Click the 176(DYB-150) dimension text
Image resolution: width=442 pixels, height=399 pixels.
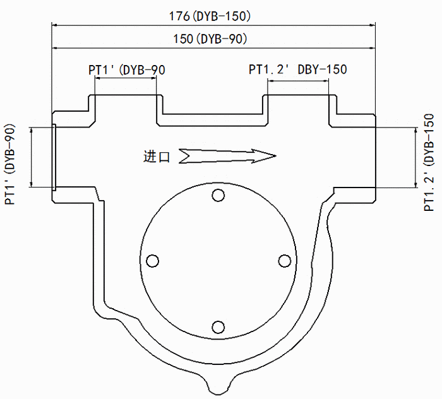point(214,15)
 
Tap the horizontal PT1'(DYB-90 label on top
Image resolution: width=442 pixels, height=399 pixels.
point(127,69)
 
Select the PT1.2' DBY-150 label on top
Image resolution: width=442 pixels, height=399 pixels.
point(298,69)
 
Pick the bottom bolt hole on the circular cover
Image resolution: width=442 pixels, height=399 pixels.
point(218,327)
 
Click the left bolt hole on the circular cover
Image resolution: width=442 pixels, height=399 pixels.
point(152,261)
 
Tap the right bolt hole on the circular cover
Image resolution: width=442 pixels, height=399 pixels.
point(284,261)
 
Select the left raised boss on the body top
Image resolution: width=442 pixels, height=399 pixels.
point(126,105)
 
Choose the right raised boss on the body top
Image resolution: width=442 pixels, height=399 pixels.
point(299,105)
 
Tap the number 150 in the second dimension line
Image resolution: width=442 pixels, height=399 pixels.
point(183,39)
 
